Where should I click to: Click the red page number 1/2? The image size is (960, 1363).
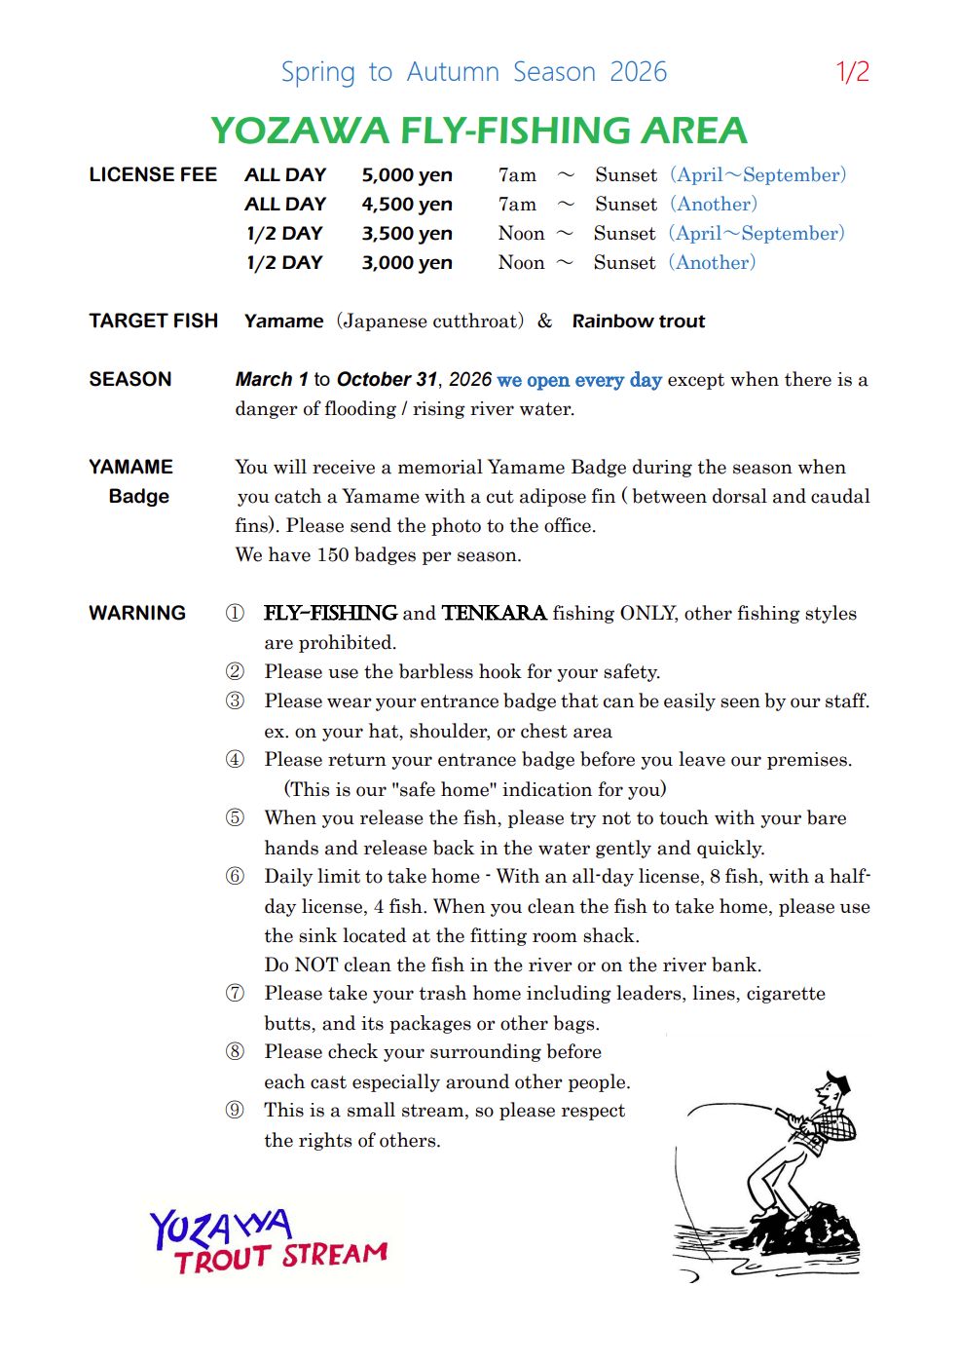click(852, 72)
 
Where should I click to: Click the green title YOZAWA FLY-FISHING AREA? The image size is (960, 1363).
click(479, 131)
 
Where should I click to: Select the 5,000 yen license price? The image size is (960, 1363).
click(407, 175)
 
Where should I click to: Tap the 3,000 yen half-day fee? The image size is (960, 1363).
click(407, 263)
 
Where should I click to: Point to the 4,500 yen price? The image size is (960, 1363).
click(407, 205)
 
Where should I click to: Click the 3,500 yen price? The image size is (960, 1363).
click(407, 234)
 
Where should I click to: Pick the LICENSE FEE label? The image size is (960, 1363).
click(153, 175)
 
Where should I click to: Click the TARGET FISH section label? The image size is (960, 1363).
click(153, 322)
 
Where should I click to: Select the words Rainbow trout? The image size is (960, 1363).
click(639, 322)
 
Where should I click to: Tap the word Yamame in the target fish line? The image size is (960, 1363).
click(283, 322)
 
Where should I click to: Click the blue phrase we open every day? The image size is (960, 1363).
click(579, 380)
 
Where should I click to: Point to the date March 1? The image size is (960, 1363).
click(272, 380)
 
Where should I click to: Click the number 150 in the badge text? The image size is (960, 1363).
click(333, 555)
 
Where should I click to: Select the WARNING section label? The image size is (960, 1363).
click(137, 614)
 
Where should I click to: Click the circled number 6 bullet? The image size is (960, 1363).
click(235, 876)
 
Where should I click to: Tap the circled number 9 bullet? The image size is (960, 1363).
click(235, 1110)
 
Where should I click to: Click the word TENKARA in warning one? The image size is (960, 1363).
click(494, 614)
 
